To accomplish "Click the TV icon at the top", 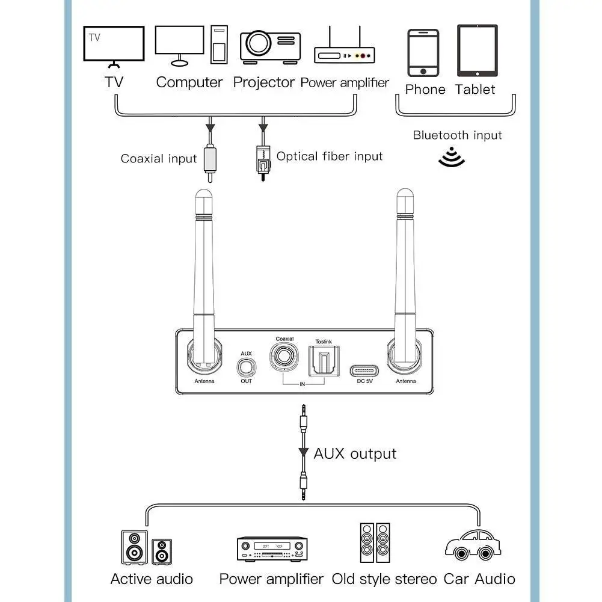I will tap(114, 45).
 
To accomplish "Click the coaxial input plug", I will tap(209, 161).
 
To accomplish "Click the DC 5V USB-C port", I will tap(365, 368).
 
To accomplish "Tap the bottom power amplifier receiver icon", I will tap(272, 548).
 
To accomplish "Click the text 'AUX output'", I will tap(355, 453).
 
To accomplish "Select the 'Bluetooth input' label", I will tap(457, 135).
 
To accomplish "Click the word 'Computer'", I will tap(189, 82).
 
